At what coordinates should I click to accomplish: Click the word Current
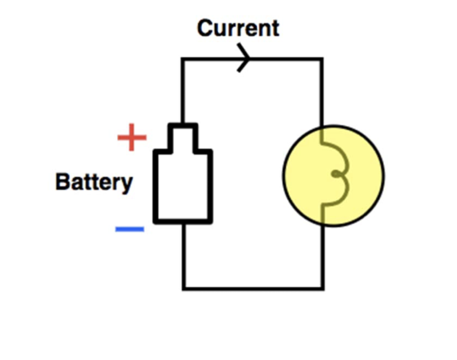coord(238,28)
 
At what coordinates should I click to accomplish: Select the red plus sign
coord(132,138)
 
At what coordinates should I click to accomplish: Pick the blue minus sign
coord(129,229)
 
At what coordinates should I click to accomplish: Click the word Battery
coord(94,182)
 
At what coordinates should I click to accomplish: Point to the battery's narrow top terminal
coord(183,137)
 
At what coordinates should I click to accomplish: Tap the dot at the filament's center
coord(335,174)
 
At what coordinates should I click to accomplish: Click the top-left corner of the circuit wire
coord(183,59)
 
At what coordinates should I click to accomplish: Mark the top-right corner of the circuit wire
coord(322,59)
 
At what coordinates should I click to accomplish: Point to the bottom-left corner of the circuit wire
coord(183,288)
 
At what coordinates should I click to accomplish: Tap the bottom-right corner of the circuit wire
coord(323,288)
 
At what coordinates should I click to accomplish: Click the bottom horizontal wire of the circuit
coord(252,288)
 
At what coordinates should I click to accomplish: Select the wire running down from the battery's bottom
coord(183,255)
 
